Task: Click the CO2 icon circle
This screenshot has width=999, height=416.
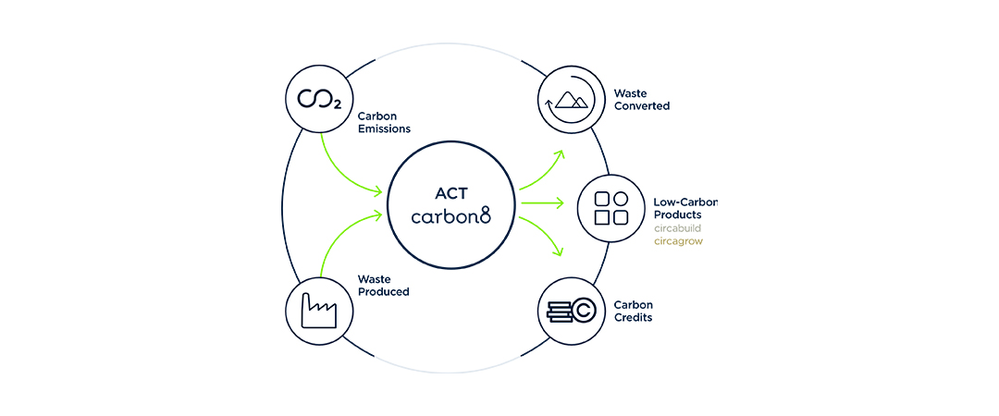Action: coord(319,99)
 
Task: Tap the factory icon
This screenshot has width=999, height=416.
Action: coord(319,308)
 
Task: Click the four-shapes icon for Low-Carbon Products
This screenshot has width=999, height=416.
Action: coord(610,208)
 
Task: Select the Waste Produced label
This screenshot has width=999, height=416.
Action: coord(384,285)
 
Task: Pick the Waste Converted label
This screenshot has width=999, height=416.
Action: coord(641,100)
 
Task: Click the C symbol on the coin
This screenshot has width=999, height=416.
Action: coord(582,312)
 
